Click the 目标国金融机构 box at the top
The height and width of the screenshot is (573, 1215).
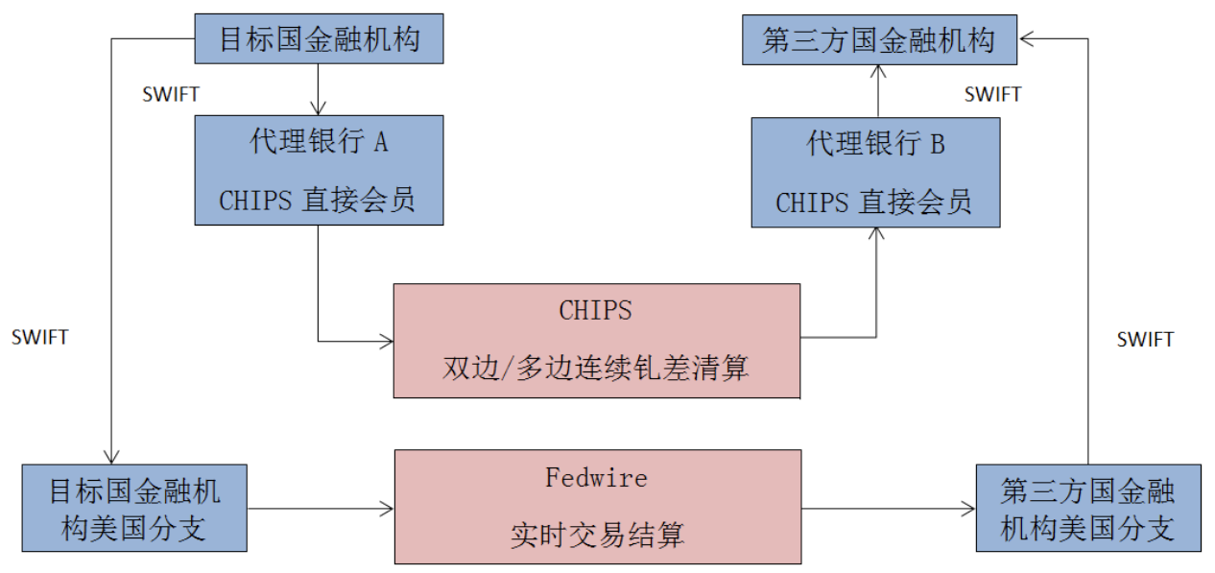point(319,39)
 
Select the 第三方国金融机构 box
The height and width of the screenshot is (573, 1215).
point(879,41)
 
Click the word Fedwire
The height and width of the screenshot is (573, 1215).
point(596,478)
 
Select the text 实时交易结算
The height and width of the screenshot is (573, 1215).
point(596,535)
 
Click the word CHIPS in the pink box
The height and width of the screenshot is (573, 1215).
point(596,311)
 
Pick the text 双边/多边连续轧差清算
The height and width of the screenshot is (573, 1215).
point(596,368)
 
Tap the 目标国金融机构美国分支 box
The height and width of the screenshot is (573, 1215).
point(134,509)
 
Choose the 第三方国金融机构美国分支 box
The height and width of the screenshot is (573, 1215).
point(1087,509)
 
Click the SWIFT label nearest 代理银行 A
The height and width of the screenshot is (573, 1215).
point(171,94)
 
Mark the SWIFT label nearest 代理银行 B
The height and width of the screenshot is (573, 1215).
point(992,94)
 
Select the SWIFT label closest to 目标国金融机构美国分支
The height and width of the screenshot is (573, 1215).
point(40,337)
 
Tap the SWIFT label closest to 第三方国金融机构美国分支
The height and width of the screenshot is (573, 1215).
point(1145,340)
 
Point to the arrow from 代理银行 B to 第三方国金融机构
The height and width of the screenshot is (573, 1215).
point(876,92)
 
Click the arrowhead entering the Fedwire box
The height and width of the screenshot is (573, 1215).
point(387,509)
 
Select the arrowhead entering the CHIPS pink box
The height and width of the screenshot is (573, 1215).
point(387,341)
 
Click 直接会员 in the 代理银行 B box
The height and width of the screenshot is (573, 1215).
point(914,203)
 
